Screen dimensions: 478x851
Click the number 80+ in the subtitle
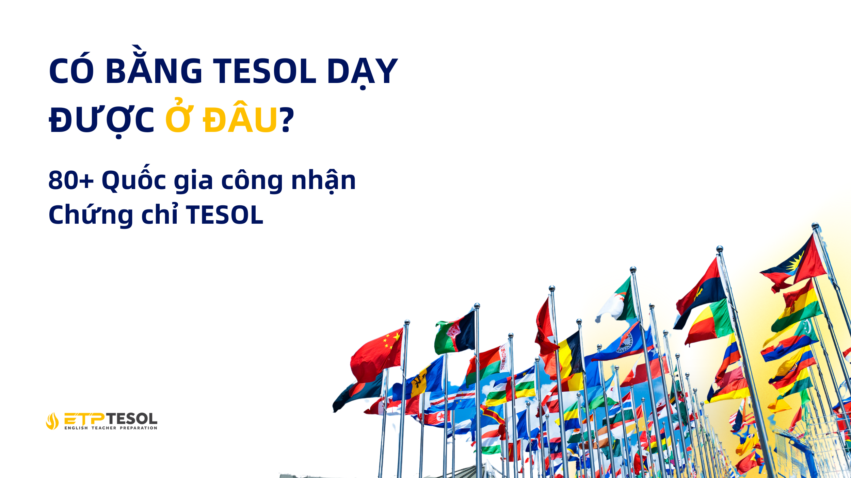(71, 180)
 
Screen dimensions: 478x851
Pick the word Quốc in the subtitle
(134, 180)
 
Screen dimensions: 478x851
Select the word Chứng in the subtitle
(91, 215)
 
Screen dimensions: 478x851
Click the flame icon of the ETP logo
(52, 421)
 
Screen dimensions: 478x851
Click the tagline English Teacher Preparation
(111, 428)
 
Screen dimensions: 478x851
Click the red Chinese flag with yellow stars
(378, 354)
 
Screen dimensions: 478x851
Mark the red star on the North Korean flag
(440, 415)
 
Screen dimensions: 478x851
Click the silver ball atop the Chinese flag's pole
(407, 322)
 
